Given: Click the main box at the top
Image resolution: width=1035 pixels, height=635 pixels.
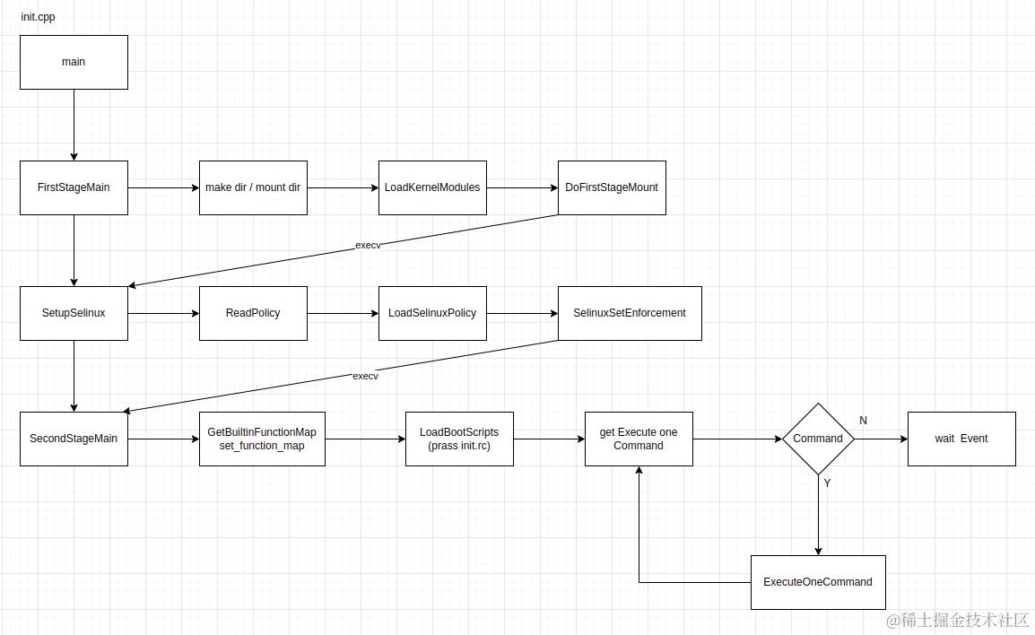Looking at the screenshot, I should click(74, 62).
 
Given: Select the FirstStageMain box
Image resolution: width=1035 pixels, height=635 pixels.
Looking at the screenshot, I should click(74, 187).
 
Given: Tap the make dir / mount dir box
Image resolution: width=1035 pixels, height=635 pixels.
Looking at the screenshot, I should click(253, 187).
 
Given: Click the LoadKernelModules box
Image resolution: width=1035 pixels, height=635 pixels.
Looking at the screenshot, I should click(432, 187).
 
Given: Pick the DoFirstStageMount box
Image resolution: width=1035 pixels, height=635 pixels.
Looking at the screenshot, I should click(612, 187).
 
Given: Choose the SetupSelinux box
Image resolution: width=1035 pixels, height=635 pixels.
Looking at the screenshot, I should click(74, 313).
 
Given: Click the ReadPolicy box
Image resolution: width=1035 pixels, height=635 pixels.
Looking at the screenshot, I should click(253, 313).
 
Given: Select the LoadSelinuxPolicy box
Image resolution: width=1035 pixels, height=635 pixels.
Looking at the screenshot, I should click(432, 313).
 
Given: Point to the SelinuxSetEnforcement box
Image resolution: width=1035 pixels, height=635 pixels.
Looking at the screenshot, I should click(630, 313).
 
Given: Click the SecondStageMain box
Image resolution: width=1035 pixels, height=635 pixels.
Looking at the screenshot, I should click(74, 439).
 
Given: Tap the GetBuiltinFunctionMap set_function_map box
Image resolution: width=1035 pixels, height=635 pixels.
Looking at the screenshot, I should click(262, 439).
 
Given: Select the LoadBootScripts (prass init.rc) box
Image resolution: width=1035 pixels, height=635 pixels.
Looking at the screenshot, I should click(459, 439).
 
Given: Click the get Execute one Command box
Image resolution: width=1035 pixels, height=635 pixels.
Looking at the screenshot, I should click(639, 439).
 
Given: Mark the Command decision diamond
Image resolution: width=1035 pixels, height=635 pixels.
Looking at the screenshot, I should click(818, 439).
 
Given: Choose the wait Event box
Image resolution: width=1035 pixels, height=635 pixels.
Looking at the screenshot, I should click(961, 439).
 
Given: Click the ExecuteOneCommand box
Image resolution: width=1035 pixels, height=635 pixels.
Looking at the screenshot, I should click(818, 582).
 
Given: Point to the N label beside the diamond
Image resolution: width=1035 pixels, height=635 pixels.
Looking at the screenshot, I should click(863, 421).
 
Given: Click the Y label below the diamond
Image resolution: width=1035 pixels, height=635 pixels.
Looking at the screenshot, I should click(827, 483).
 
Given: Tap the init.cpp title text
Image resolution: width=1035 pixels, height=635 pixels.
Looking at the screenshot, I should click(39, 17).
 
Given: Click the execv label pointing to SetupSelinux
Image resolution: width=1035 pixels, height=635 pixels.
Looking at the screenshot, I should click(368, 245).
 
